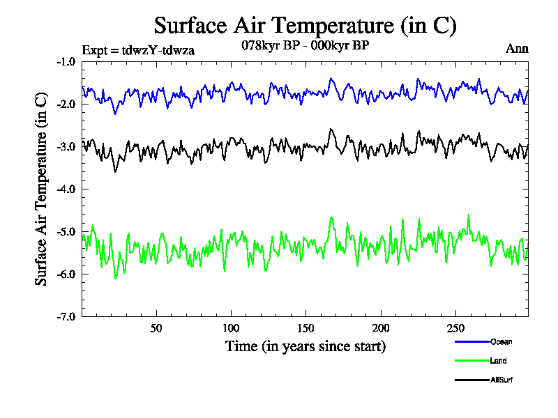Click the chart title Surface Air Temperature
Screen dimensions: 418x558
click(305, 26)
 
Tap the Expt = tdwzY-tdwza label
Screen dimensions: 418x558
click(138, 49)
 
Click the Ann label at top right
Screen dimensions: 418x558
click(517, 49)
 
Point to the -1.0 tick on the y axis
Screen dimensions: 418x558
click(67, 61)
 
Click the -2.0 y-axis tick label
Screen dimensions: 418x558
click(67, 104)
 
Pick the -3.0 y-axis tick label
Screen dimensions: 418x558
click(67, 146)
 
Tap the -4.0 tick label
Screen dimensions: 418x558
click(67, 189)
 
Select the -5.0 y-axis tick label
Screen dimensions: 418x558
click(67, 231)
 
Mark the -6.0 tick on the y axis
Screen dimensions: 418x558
click(67, 274)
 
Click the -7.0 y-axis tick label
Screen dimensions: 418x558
click(67, 316)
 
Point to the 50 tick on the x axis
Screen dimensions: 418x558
click(156, 328)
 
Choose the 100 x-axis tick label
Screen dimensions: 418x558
click(231, 328)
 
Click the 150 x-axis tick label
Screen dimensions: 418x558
click(306, 328)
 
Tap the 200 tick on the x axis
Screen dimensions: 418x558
click(380, 328)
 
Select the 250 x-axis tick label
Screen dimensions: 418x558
click(455, 328)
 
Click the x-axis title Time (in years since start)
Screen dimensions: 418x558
click(305, 346)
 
